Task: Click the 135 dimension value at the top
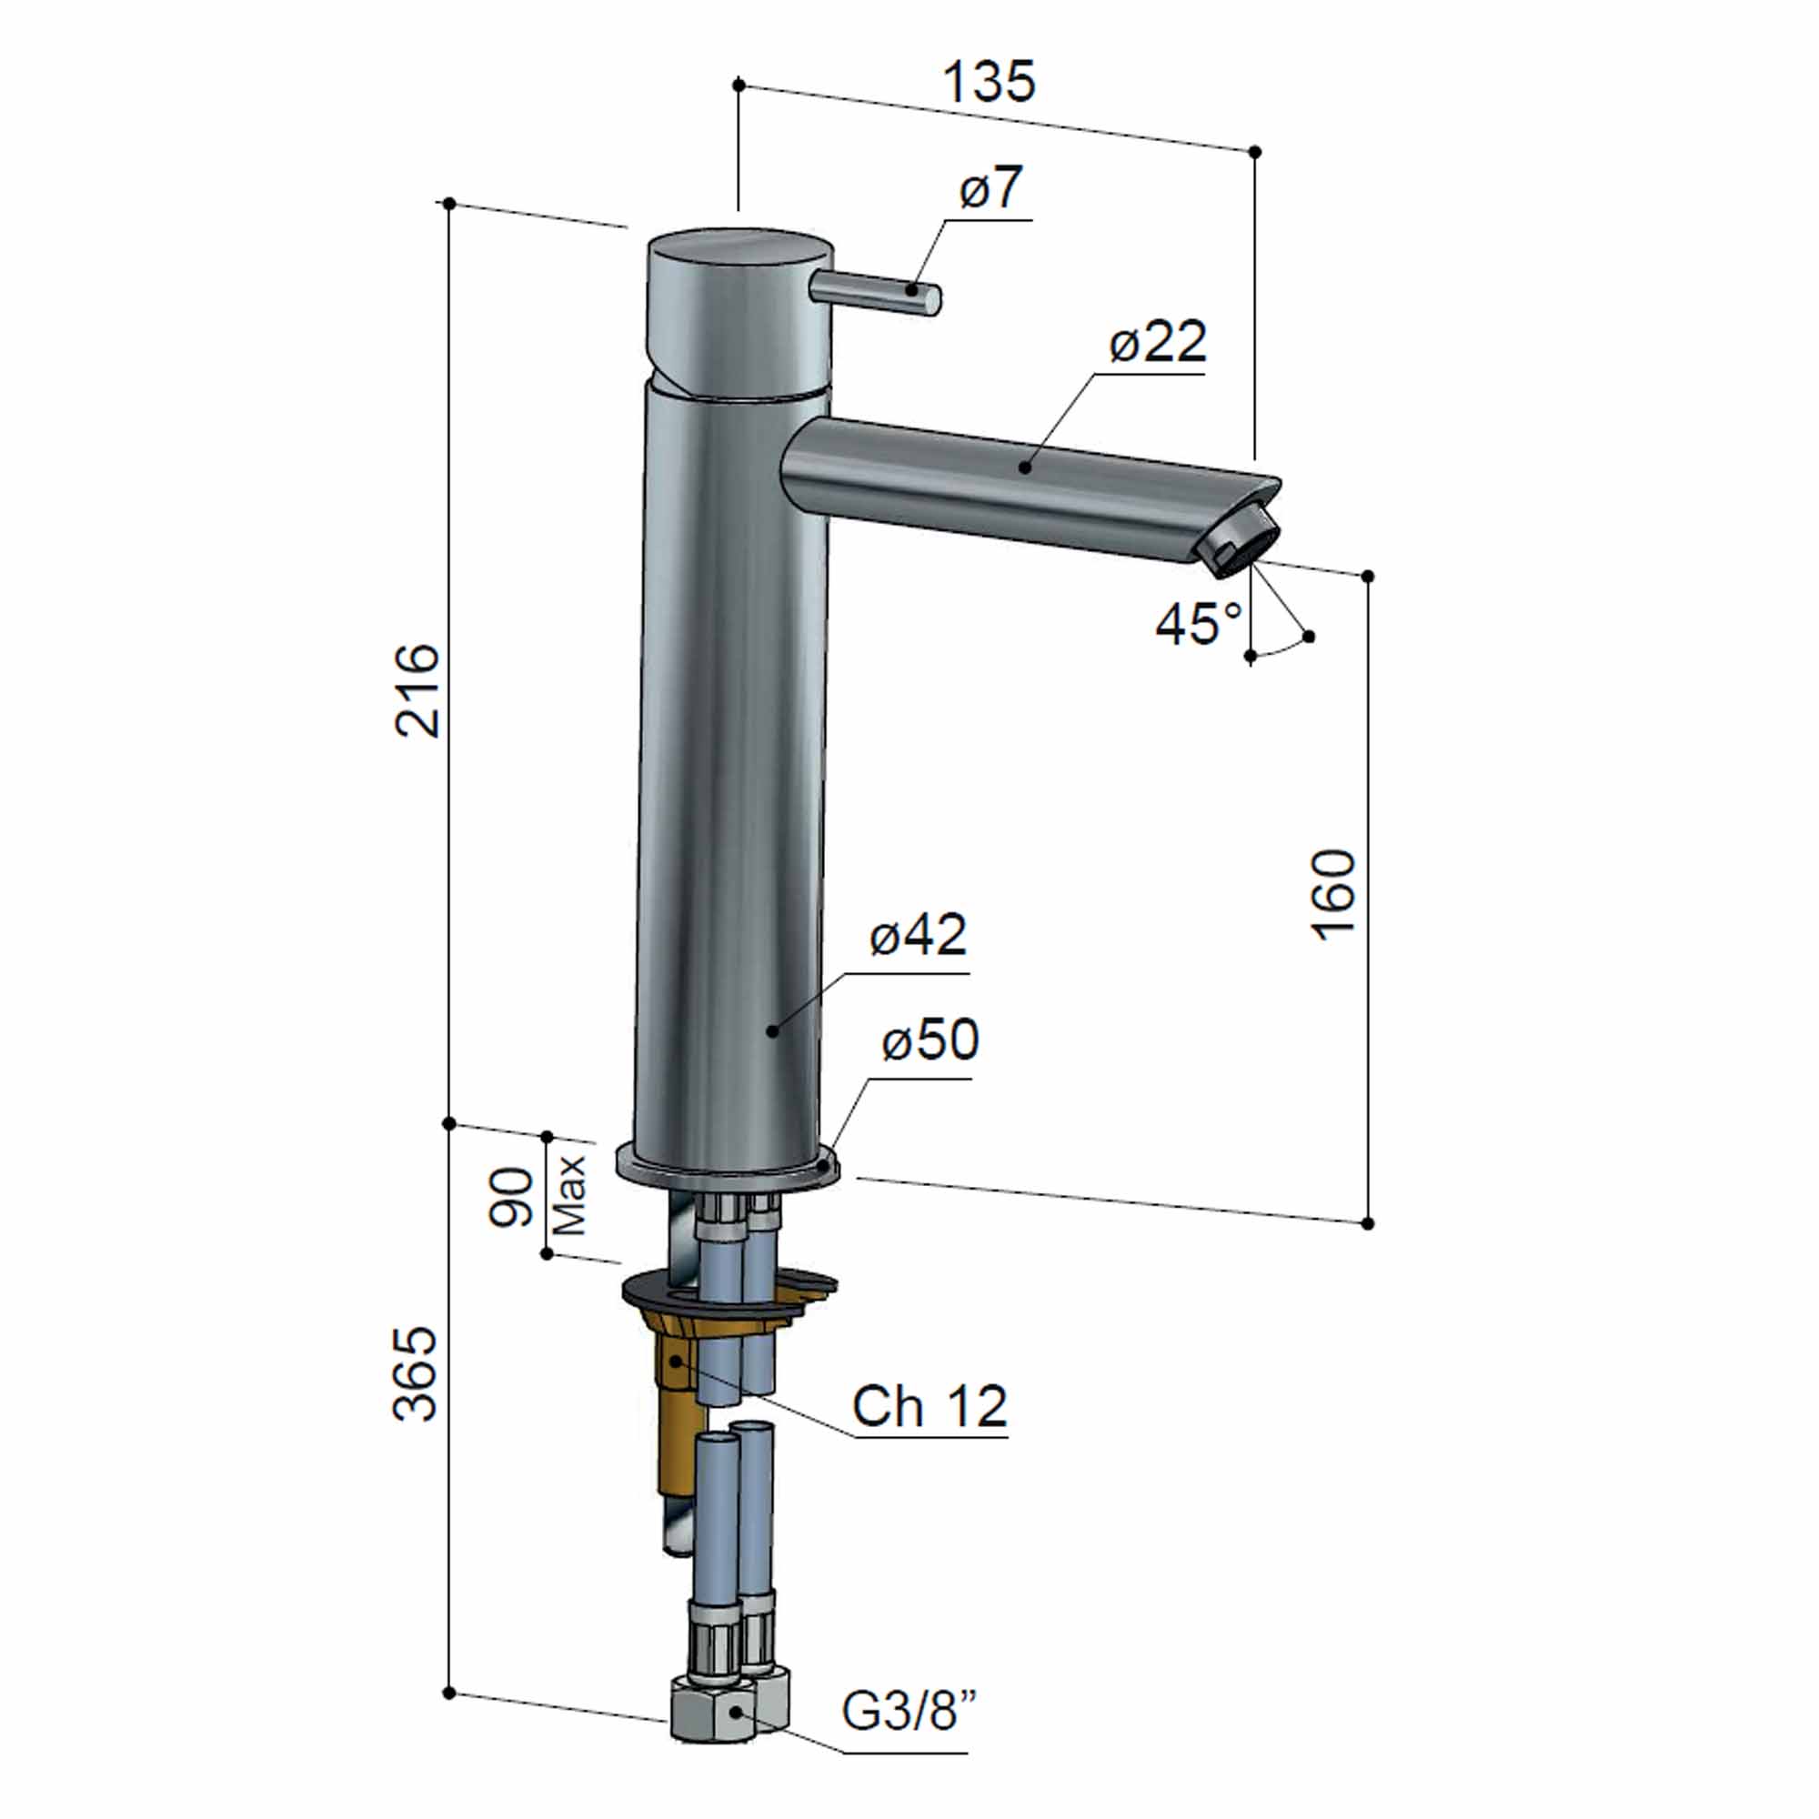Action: pos(989,83)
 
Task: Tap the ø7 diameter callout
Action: pos(990,187)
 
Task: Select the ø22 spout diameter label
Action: pos(1157,342)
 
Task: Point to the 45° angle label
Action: pos(1198,623)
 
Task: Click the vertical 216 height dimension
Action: pos(417,690)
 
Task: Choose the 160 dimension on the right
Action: pos(1334,894)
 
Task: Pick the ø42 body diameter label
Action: pos(918,935)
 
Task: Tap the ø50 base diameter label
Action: pos(930,1040)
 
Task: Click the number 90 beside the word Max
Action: pos(512,1197)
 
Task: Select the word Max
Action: pos(570,1196)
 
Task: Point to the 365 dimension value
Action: pos(416,1373)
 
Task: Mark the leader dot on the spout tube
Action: pos(1024,467)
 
